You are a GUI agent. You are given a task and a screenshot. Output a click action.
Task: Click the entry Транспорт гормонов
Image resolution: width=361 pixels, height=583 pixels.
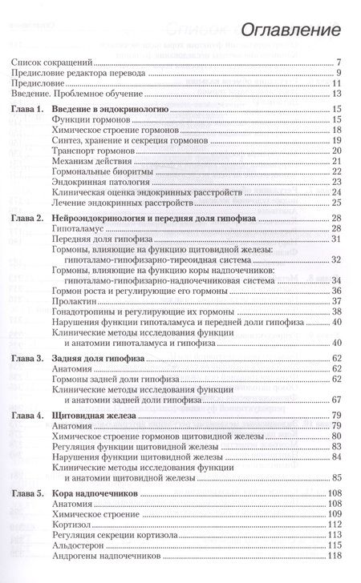(x=113, y=150)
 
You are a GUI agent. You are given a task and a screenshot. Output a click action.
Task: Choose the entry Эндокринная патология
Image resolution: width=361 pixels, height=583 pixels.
(x=117, y=182)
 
